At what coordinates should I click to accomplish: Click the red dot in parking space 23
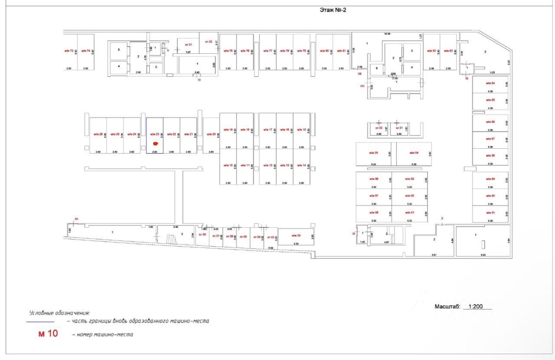156,143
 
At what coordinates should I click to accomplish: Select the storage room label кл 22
209,42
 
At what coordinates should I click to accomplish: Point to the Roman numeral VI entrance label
199,80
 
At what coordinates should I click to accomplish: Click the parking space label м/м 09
296,236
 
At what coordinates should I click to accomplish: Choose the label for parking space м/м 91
490,213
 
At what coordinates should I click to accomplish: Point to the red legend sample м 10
48,334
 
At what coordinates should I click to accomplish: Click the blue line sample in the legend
40,322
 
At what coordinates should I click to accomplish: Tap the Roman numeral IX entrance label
467,79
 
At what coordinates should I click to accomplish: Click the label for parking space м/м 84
490,83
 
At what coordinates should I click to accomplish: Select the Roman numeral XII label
76,219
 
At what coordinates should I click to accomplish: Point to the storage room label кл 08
202,234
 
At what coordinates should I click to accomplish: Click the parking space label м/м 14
301,165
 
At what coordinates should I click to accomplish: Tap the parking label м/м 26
98,134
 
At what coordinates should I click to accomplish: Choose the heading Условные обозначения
59,313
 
